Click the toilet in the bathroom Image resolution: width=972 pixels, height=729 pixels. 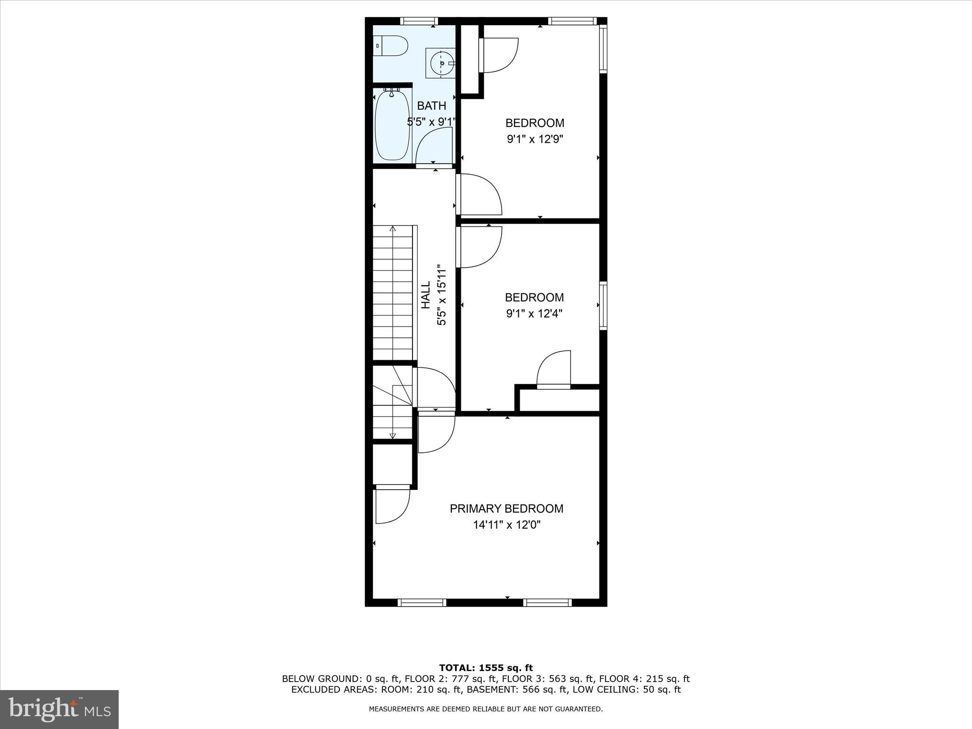[391, 46]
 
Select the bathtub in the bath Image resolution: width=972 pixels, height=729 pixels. [392, 125]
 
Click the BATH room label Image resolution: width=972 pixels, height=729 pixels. [431, 106]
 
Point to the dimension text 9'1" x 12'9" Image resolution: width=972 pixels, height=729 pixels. [535, 140]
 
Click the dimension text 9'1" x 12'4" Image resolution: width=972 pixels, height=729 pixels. [534, 314]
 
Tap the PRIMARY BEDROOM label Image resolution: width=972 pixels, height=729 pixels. [506, 509]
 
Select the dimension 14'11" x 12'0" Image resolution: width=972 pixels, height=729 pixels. [507, 525]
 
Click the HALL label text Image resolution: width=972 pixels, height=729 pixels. [426, 295]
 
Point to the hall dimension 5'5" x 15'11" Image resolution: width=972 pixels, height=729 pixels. [442, 295]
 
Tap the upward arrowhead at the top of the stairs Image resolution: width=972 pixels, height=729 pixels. [393, 229]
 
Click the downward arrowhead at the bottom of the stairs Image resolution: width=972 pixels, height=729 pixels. [393, 435]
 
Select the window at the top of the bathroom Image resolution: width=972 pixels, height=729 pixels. [418, 21]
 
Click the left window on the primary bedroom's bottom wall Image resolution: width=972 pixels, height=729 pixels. [422, 603]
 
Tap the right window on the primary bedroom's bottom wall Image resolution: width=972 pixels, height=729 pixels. [547, 603]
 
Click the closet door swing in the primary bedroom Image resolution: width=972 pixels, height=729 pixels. [392, 506]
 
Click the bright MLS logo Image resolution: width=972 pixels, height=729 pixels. [59, 709]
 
